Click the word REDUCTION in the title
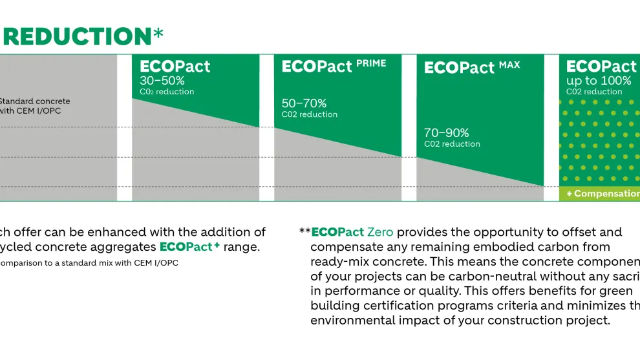point(76,36)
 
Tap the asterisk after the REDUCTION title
point(158,34)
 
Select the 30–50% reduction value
point(162,81)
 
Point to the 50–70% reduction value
point(304,103)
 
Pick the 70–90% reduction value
point(447,133)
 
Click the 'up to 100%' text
point(599,81)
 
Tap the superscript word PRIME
point(371,63)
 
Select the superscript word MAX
point(509,65)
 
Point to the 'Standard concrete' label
point(34,101)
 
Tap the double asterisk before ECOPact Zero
point(304,231)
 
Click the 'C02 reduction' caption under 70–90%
point(452,144)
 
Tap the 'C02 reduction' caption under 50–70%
point(309,114)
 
